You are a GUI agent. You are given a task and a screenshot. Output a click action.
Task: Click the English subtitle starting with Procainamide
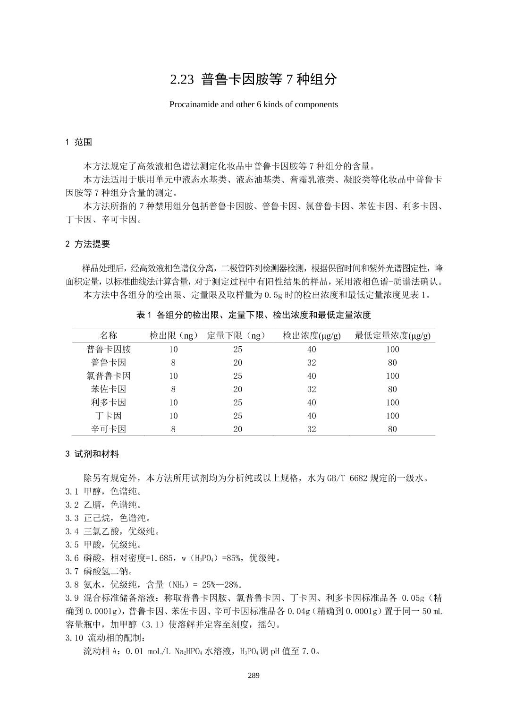(253, 104)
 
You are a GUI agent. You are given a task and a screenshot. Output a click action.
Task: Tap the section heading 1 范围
(78, 142)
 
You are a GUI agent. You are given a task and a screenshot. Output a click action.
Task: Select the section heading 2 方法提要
(87, 244)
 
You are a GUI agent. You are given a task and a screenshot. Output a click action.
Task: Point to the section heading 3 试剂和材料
(92, 454)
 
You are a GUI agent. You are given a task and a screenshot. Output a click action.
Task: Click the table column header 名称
(109, 335)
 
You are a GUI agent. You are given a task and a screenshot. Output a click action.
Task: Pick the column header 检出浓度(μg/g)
(312, 335)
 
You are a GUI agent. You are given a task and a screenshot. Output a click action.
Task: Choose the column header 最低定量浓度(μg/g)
(392, 335)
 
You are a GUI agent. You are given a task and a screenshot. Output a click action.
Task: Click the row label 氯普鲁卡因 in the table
(109, 376)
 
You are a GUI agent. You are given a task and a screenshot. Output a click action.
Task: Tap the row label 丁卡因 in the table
(109, 416)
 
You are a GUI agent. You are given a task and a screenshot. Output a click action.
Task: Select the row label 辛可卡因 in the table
(109, 429)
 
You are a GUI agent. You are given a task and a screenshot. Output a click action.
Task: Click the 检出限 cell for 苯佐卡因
(173, 389)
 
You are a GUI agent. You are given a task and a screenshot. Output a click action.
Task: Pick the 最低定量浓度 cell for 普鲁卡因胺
(392, 350)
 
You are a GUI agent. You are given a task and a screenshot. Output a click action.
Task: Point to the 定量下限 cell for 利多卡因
(237, 402)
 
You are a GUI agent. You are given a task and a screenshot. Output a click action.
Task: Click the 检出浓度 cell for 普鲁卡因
(312, 363)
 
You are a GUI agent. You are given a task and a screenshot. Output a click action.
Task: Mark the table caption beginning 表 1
(253, 315)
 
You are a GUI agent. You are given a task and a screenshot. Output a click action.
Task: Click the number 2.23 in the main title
(182, 79)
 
